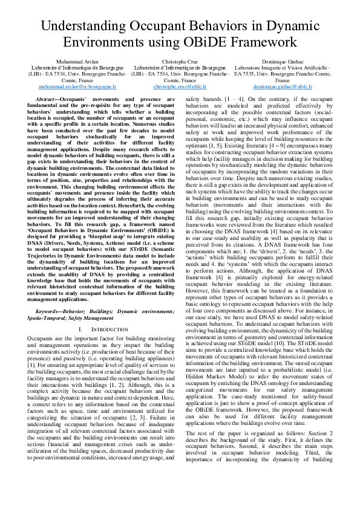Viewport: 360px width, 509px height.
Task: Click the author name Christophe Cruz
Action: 180,62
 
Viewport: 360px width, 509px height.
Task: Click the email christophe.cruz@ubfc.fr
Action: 180,86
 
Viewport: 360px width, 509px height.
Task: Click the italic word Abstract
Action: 48,99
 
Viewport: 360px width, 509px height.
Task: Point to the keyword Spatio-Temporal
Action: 48,300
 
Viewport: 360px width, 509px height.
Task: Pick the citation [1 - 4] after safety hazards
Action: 234,99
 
